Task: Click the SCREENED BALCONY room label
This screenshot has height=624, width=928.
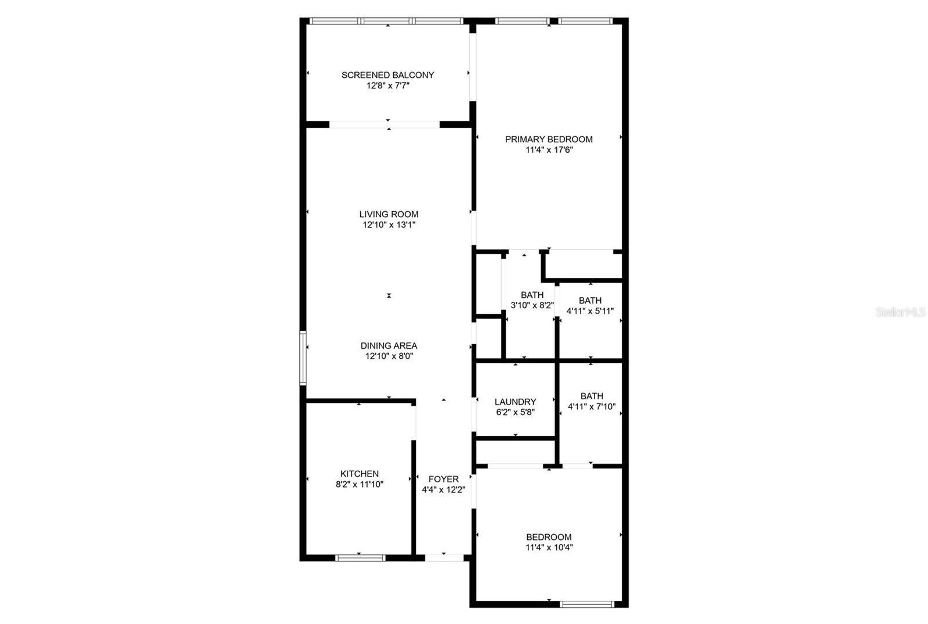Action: tap(388, 75)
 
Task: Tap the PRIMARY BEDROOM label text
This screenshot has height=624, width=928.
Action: tap(549, 139)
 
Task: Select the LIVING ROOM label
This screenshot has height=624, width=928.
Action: tap(389, 214)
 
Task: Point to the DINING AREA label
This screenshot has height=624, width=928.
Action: tap(389, 346)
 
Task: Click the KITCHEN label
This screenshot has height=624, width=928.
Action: tap(360, 474)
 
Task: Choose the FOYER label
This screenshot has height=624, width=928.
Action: tap(443, 479)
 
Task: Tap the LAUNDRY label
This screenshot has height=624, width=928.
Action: tap(516, 402)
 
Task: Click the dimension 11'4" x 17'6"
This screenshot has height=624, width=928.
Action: tap(549, 150)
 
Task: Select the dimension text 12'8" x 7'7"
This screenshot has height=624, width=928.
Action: tap(388, 86)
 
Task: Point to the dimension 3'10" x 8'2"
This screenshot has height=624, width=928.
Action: tap(532, 305)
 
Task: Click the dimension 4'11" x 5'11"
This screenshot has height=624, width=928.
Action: tap(590, 311)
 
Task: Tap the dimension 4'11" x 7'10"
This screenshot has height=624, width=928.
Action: tap(592, 407)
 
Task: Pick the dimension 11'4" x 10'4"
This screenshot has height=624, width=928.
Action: tap(549, 547)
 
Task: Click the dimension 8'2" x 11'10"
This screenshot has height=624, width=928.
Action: tap(360, 484)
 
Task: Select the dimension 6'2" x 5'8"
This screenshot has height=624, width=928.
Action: tap(516, 413)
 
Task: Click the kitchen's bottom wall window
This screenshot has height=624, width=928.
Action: tap(360, 558)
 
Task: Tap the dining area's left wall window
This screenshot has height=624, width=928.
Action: tap(303, 358)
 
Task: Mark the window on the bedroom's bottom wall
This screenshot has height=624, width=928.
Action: tap(586, 604)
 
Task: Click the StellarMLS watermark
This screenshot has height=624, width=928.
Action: tap(901, 312)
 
